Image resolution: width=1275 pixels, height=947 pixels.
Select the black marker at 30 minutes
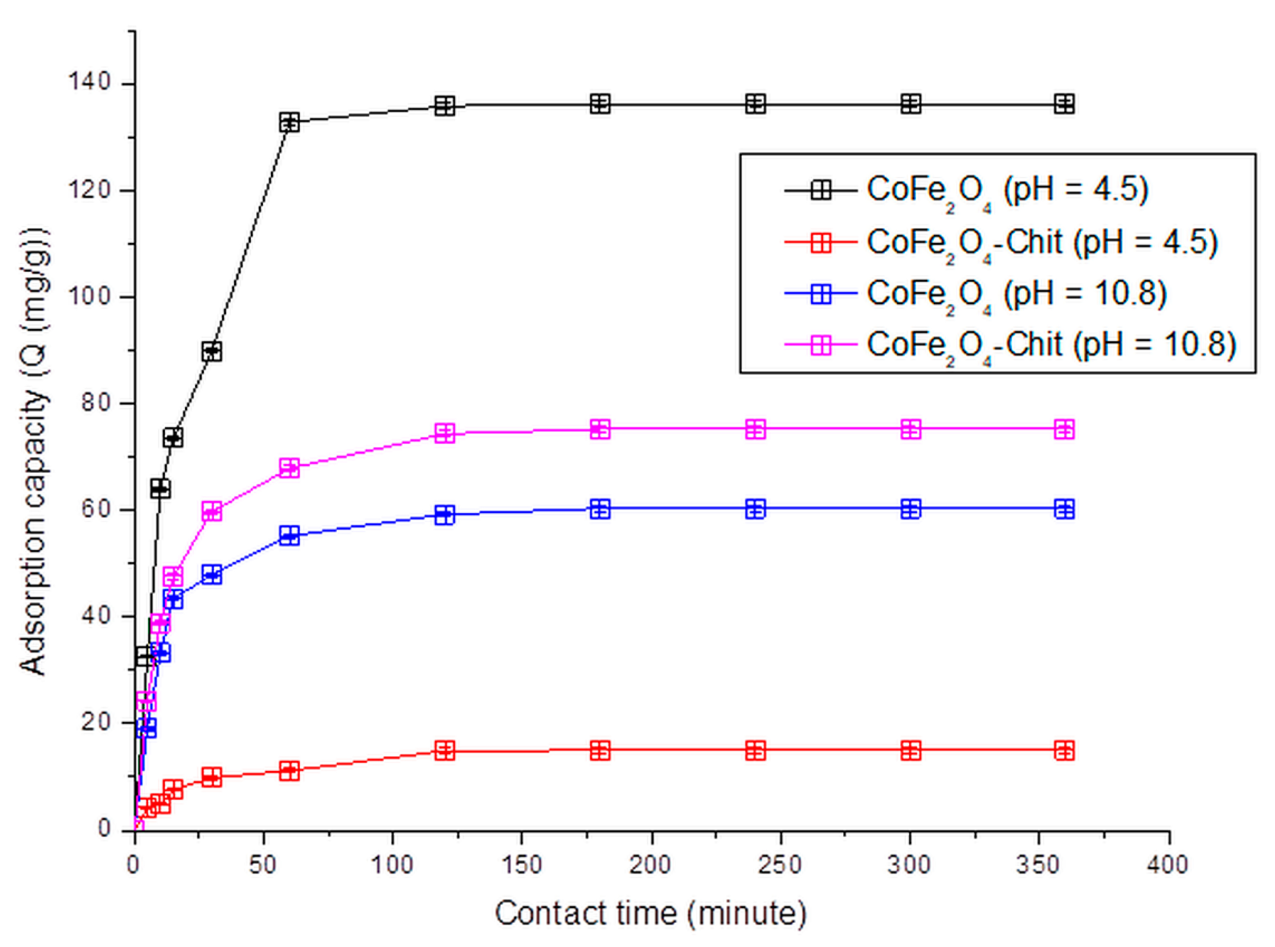coord(212,351)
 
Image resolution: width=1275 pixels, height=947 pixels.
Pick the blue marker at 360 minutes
coord(1064,509)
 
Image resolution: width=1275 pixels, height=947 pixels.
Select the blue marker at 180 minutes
coord(600,509)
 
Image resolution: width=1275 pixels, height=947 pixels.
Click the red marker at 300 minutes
coord(911,750)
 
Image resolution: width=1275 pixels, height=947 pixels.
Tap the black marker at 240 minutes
coord(755,104)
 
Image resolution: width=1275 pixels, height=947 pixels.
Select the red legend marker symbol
coord(821,242)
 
